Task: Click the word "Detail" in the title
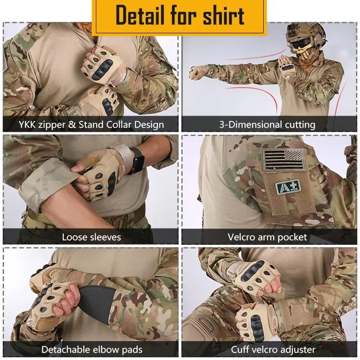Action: click(x=139, y=16)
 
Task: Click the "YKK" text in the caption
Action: click(x=30, y=124)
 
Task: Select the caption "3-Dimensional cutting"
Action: click(x=267, y=124)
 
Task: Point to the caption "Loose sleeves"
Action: click(x=91, y=237)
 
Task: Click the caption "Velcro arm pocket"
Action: click(x=267, y=237)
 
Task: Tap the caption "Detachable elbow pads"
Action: click(x=92, y=349)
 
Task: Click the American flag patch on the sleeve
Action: click(x=283, y=158)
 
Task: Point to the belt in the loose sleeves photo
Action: click(x=90, y=220)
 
